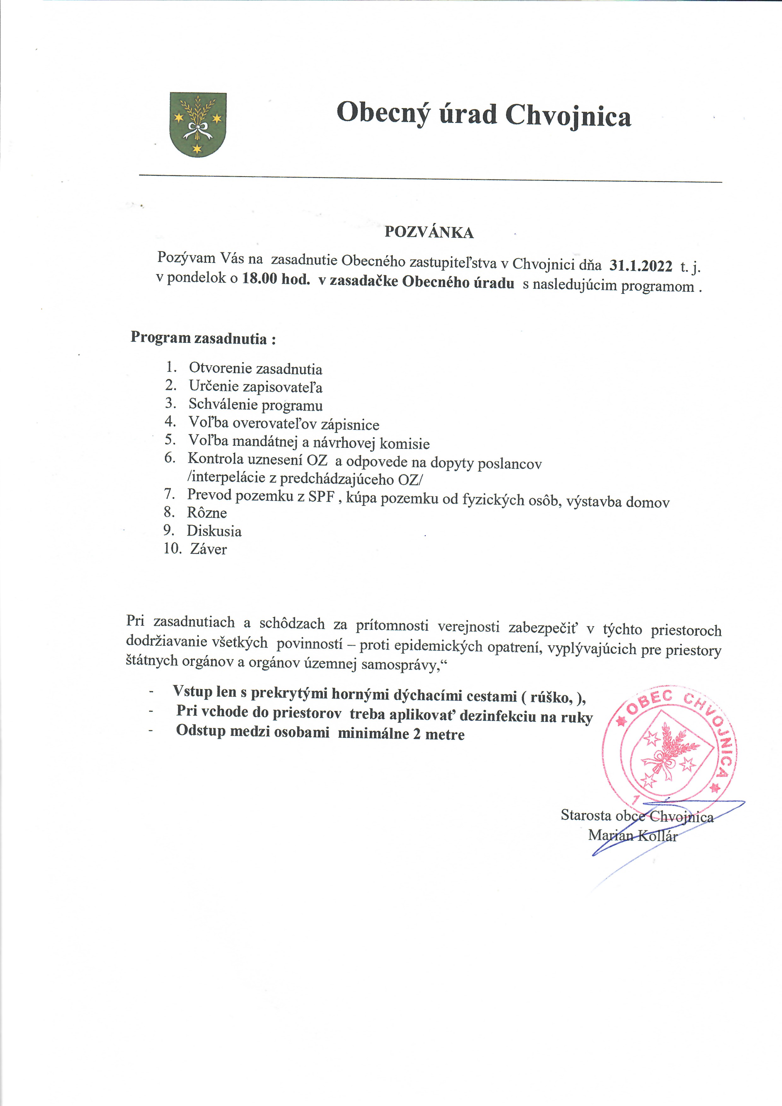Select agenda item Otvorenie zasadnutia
pos(255,368)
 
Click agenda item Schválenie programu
pos(255,405)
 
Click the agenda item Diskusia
pos(214,531)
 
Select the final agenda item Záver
pos(208,549)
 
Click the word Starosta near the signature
pos(586,815)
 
